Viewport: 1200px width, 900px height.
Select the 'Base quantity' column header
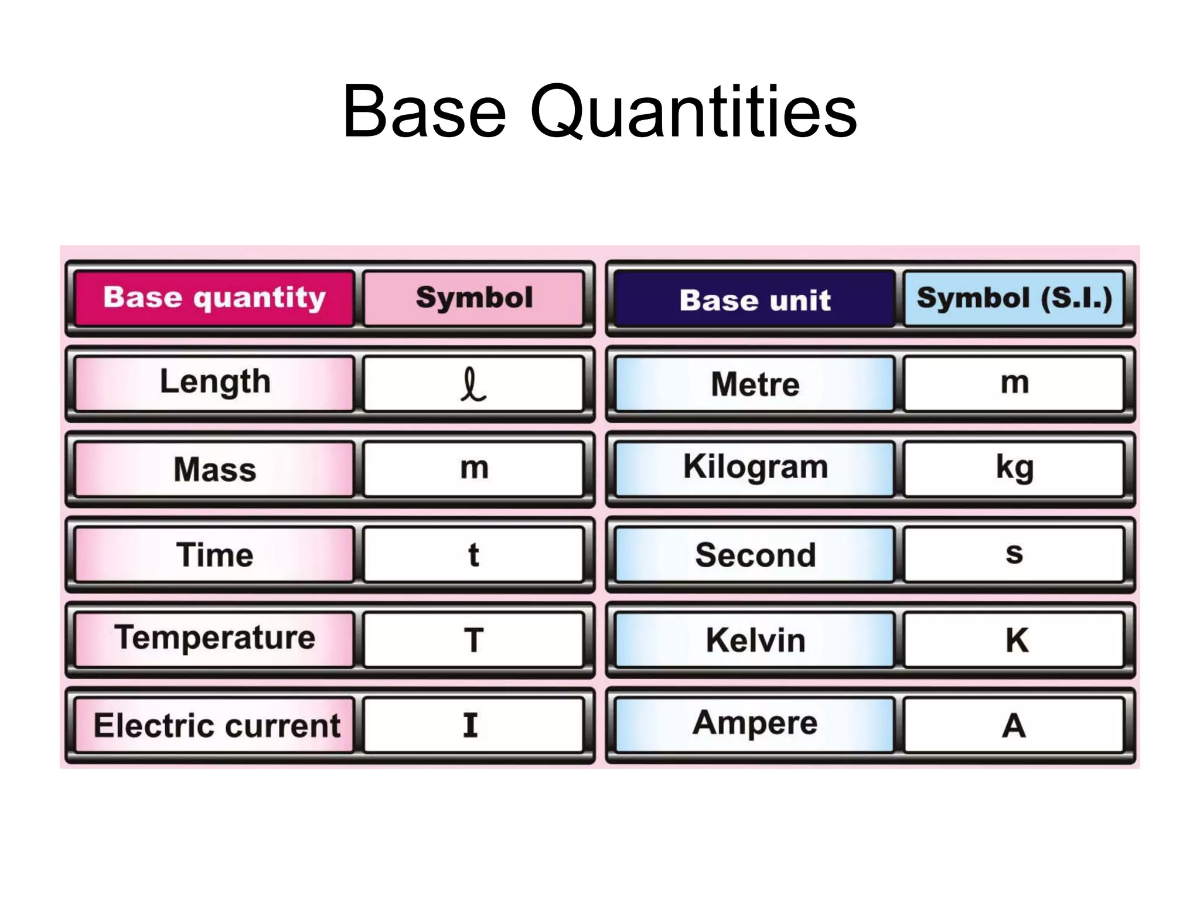click(x=214, y=298)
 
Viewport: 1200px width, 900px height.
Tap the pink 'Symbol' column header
click(x=474, y=298)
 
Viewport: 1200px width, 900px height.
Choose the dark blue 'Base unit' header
click(x=755, y=299)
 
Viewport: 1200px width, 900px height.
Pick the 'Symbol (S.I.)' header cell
click(x=1014, y=298)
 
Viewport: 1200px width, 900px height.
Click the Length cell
click(x=214, y=383)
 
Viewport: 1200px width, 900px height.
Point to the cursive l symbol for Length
click(x=473, y=384)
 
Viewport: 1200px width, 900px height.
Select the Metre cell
click(x=755, y=384)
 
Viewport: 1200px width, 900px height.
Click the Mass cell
click(x=214, y=469)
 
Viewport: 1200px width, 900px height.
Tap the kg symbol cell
click(x=1014, y=468)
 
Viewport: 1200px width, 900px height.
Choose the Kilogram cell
click(x=755, y=468)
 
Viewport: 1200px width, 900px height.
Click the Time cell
click(x=214, y=554)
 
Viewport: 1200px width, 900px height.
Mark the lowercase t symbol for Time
click(x=473, y=554)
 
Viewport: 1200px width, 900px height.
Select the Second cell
click(x=755, y=554)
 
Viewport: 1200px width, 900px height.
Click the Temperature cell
click(x=214, y=639)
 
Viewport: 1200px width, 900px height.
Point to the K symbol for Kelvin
click(x=1017, y=640)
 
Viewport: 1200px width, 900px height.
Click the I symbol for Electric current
click(x=471, y=725)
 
